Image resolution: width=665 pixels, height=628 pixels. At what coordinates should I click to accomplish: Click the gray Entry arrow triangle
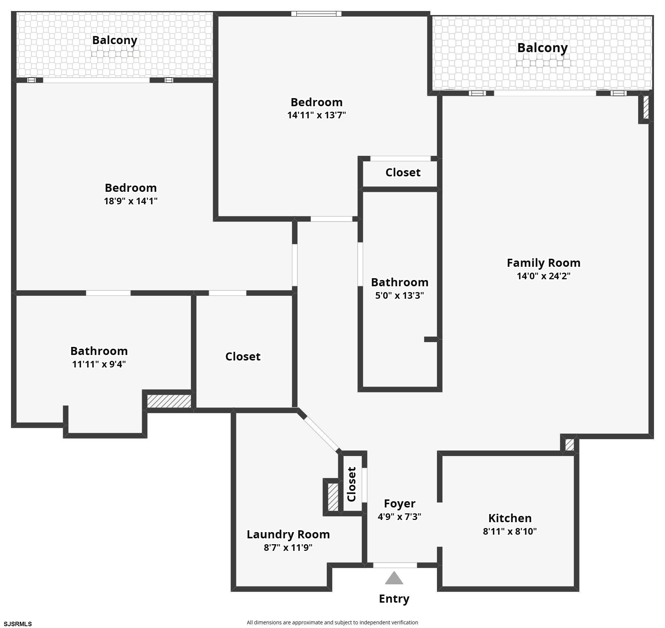coord(394,578)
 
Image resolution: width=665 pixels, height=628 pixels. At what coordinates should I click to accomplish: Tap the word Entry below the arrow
coord(394,599)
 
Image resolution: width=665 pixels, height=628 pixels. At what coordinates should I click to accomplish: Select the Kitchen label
coord(510,518)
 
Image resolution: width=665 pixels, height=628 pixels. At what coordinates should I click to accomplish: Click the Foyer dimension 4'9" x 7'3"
coord(400,516)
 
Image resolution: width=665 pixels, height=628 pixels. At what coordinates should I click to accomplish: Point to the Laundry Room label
coord(288,534)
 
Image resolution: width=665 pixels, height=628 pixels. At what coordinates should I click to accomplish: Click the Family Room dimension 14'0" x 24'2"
coord(543,276)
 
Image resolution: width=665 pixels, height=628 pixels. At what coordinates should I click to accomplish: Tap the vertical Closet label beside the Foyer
coord(352,484)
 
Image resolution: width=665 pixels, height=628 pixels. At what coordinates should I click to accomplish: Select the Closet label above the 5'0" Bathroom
coord(403,172)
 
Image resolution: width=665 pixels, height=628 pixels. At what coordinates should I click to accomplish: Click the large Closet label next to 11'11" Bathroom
coord(243,356)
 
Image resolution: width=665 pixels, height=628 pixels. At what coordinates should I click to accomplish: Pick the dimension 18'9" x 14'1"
coord(131,201)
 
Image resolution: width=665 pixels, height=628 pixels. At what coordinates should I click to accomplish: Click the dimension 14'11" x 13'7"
coord(317,115)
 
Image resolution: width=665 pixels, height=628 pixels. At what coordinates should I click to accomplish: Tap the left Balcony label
coord(115,40)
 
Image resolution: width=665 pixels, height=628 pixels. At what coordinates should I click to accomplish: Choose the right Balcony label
coord(542,48)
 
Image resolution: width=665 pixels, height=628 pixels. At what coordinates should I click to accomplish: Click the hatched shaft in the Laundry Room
coord(333,497)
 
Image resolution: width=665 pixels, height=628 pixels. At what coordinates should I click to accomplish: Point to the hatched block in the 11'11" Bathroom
coord(169,401)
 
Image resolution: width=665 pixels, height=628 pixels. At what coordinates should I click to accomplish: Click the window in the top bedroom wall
coord(317,14)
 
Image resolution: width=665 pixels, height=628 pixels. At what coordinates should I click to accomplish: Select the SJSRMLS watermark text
coord(18,624)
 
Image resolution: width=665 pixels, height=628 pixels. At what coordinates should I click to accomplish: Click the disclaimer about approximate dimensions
coord(332,622)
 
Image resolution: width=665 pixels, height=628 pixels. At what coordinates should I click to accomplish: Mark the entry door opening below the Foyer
coord(395,565)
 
